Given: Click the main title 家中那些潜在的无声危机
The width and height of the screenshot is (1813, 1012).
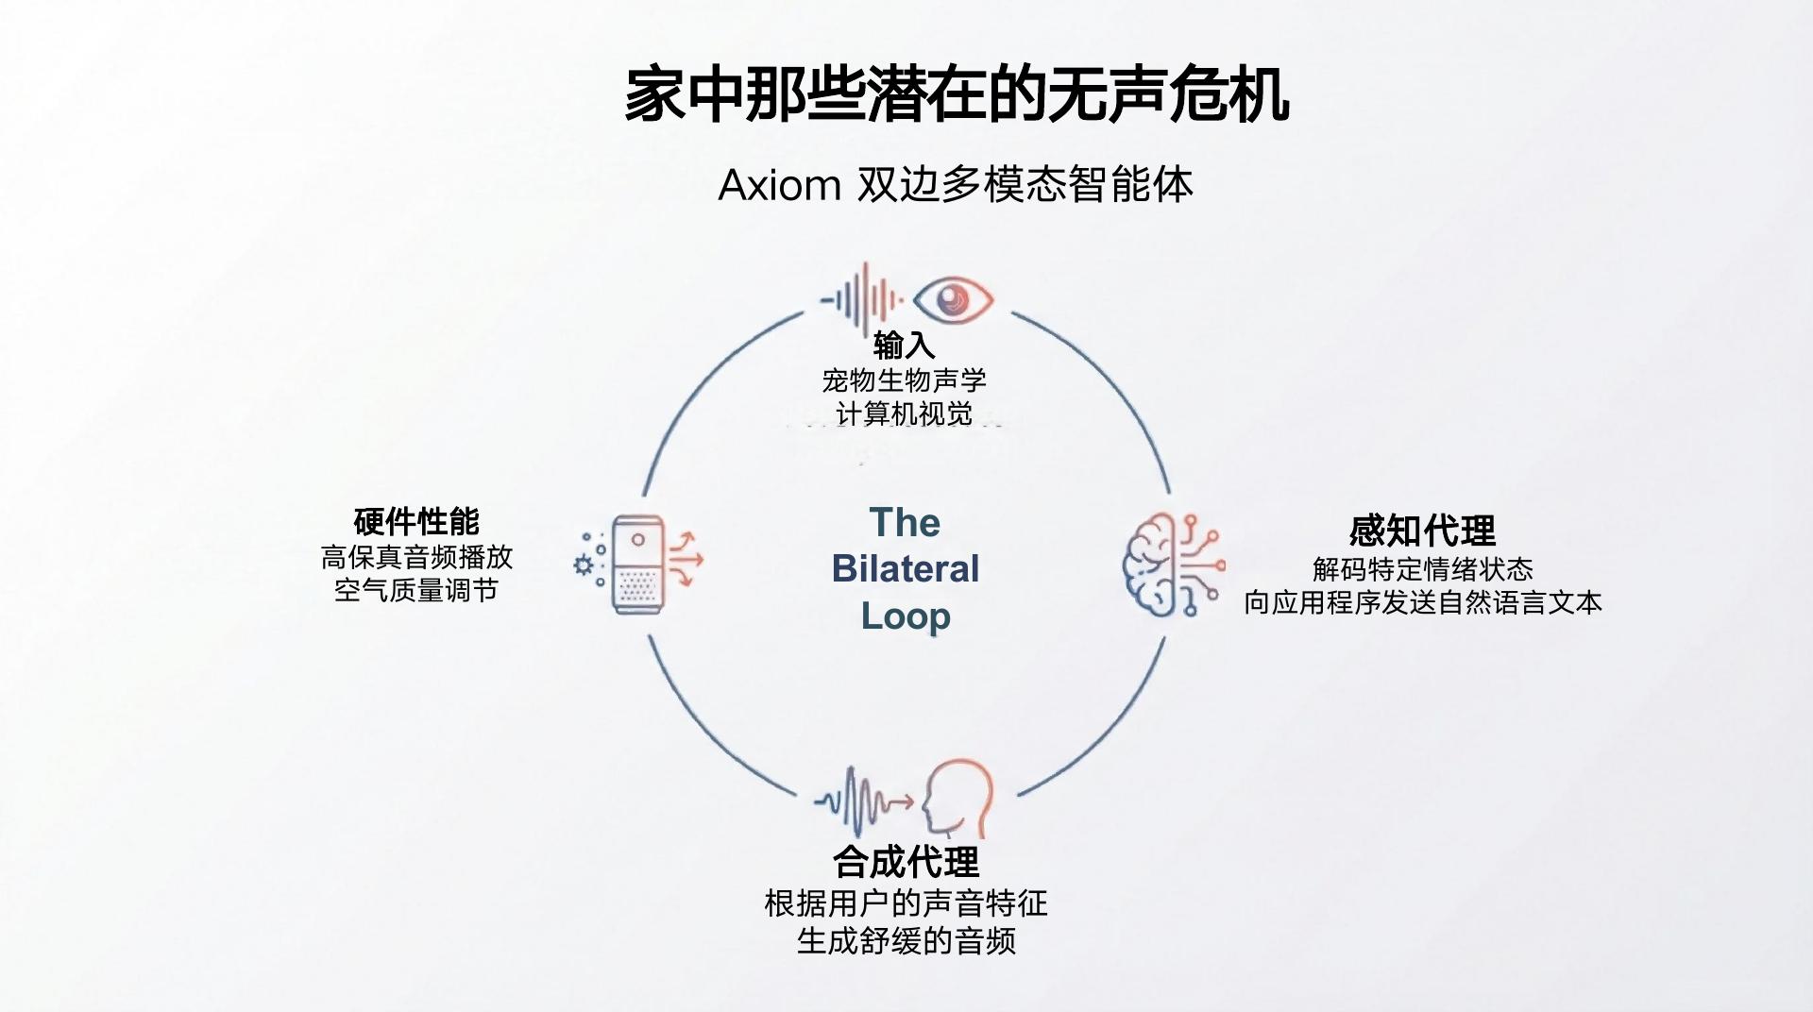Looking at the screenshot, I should pyautogui.click(x=956, y=94).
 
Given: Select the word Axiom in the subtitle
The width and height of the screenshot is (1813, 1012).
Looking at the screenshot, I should pyautogui.click(x=779, y=185).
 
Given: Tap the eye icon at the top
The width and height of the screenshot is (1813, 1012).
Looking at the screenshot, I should pyautogui.click(x=954, y=300).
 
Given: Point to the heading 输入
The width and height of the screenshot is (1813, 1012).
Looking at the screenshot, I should pyautogui.click(x=904, y=346).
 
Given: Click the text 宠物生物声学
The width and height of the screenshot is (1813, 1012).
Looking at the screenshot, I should pyautogui.click(x=904, y=380).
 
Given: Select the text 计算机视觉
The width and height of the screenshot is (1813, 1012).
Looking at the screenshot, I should pyautogui.click(x=904, y=413).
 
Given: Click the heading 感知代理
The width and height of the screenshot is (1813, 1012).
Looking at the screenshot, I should pyautogui.click(x=1422, y=531).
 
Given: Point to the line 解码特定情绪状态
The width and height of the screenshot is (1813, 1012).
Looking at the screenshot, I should pyautogui.click(x=1422, y=569).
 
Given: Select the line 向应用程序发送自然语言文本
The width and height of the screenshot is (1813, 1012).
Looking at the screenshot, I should pyautogui.click(x=1422, y=603).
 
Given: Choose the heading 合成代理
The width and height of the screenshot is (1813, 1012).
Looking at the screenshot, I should pyautogui.click(x=906, y=862).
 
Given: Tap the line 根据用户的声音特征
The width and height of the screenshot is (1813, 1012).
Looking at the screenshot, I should pyautogui.click(x=906, y=903).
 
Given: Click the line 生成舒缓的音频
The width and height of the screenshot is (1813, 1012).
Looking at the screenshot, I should pyautogui.click(x=906, y=941).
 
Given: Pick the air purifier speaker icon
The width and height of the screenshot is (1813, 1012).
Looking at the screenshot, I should pyautogui.click(x=638, y=565).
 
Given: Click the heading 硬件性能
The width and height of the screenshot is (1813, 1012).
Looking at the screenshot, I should pyautogui.click(x=416, y=521).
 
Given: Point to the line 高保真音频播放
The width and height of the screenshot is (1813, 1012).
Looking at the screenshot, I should pyautogui.click(x=416, y=557).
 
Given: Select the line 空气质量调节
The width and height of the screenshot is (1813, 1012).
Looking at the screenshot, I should pyautogui.click(x=416, y=591).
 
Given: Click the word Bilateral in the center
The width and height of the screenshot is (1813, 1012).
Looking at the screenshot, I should pyautogui.click(x=906, y=569).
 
